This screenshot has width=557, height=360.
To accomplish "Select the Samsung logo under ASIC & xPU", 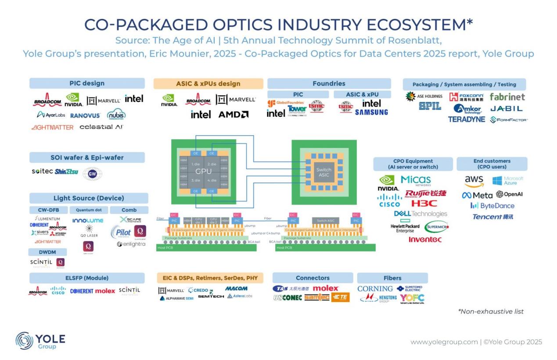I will (x=371, y=112).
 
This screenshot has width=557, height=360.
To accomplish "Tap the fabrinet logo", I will (x=507, y=97).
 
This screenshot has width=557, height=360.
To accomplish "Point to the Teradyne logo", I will (x=466, y=119).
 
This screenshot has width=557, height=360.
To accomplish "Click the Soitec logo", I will (x=42, y=171).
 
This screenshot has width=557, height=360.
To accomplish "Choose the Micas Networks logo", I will (x=416, y=180).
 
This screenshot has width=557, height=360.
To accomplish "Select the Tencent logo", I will (x=492, y=217).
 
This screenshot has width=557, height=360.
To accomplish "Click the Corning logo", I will (x=375, y=289).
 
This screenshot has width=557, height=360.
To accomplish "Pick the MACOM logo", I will (x=236, y=288).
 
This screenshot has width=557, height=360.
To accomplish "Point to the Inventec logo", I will (x=425, y=239).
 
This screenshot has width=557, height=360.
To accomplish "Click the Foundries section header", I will (x=329, y=83).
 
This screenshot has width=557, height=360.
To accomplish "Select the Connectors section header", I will (x=313, y=278).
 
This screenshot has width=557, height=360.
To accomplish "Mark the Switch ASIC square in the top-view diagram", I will (x=324, y=172).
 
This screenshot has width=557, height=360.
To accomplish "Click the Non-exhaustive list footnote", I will (x=491, y=311).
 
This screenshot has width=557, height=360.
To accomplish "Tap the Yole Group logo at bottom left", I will (x=40, y=341).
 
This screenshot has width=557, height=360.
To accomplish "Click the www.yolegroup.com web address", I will (x=444, y=342).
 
